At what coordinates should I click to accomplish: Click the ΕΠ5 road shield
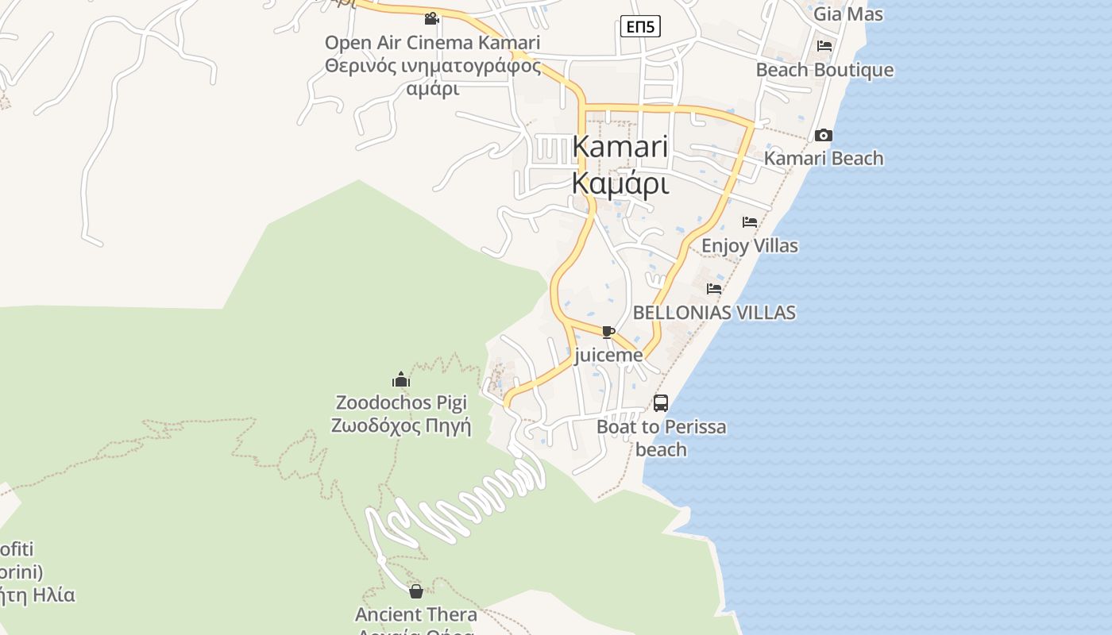point(639,27)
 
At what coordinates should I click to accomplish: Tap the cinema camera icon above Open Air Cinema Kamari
point(431,18)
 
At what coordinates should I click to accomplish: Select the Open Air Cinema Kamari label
point(432,43)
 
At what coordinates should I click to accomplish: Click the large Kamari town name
point(620,147)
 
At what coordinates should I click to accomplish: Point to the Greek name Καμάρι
point(620,183)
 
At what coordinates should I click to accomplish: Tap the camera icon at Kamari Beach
point(824,136)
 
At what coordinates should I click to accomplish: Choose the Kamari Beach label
point(824,159)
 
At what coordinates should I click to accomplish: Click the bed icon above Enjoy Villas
point(749,222)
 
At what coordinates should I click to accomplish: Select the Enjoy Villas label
point(749,246)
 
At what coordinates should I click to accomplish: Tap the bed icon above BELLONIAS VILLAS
point(714,289)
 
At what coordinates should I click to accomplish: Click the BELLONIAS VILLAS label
point(714,313)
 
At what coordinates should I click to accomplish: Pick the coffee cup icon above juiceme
point(608,332)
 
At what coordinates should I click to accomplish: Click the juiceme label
point(608,356)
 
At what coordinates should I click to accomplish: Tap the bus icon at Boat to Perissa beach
point(661,403)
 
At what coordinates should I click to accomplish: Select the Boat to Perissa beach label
point(661,438)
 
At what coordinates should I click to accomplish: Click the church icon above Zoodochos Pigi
point(401,380)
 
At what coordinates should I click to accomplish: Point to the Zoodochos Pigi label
point(401,403)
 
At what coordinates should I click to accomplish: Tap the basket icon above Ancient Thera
point(415,591)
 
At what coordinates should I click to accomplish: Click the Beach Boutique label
point(824,70)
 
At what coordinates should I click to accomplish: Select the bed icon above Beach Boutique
point(824,46)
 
